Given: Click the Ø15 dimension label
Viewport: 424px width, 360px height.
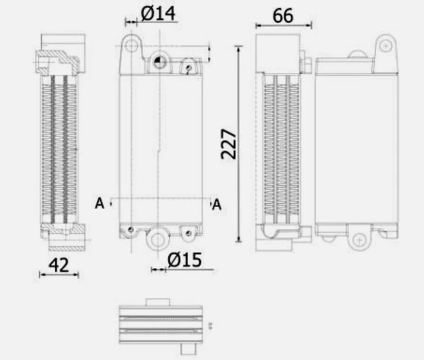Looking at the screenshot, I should pyautogui.click(x=184, y=260).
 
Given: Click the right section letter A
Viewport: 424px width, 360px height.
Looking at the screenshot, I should pyautogui.click(x=216, y=206).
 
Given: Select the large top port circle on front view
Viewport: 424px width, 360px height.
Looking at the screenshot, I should pyautogui.click(x=159, y=63).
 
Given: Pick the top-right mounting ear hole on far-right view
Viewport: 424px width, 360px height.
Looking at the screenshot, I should pyautogui.click(x=385, y=46).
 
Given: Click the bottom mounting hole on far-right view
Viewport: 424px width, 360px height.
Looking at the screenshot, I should pyautogui.click(x=360, y=239).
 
